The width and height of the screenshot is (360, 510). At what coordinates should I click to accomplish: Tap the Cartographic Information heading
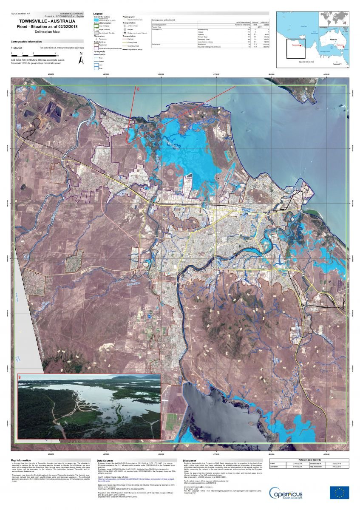tap(26, 42)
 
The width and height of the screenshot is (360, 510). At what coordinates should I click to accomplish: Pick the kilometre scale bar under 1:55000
tap(34, 55)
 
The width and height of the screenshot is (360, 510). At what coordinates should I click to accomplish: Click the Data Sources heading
tap(106, 460)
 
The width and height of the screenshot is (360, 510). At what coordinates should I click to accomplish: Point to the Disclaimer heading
tap(190, 460)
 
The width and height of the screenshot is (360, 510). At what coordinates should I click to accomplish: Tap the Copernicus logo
tap(293, 493)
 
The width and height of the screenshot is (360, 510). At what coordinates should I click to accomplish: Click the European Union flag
tap(339, 493)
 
